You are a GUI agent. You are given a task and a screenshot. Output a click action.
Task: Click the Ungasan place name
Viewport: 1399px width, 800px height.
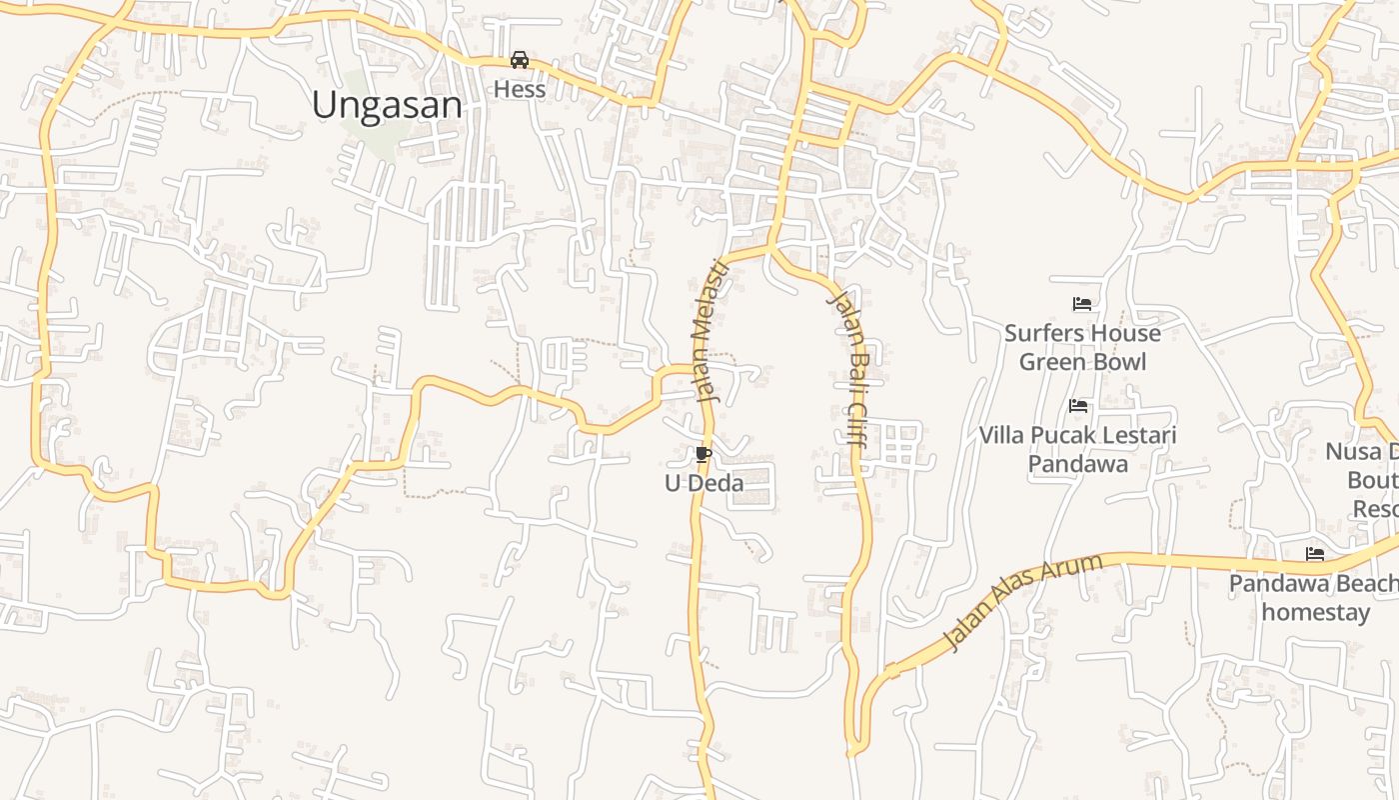[387, 105]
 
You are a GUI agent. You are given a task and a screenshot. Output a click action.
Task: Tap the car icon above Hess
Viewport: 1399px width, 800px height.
[520, 60]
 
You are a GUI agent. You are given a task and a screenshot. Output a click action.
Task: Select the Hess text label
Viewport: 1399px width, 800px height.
[520, 89]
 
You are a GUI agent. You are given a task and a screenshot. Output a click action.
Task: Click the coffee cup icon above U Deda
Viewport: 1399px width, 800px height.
[703, 456]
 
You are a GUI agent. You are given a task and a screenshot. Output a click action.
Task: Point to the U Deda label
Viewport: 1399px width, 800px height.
[704, 484]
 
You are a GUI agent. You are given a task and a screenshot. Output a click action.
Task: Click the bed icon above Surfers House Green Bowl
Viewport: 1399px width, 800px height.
[1081, 303]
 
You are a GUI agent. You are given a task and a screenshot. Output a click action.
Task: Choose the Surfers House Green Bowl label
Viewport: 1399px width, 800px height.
[1082, 347]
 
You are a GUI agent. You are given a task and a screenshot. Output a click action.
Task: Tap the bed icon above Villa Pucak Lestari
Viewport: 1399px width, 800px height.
[1078, 406]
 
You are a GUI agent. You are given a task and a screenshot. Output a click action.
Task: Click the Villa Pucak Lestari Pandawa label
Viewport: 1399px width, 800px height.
[1077, 449]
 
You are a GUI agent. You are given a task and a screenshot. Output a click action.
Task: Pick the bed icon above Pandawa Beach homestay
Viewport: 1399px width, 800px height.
[1315, 553]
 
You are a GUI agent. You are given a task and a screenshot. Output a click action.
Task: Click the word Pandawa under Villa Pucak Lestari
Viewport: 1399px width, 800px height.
[1077, 464]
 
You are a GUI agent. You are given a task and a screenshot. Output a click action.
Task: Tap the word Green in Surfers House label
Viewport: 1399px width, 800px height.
[1051, 362]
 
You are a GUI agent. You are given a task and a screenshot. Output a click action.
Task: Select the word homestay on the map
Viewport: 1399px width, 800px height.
[1315, 612]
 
